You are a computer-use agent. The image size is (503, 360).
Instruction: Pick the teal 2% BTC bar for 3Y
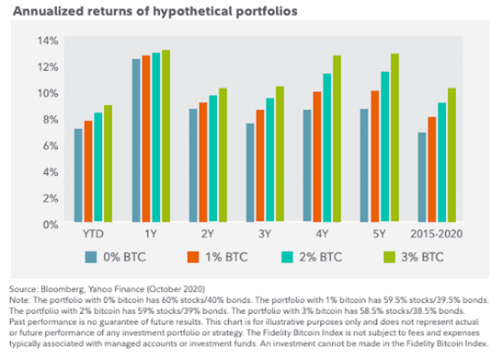click(270, 161)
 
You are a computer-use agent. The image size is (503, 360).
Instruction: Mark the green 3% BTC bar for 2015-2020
click(451, 156)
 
